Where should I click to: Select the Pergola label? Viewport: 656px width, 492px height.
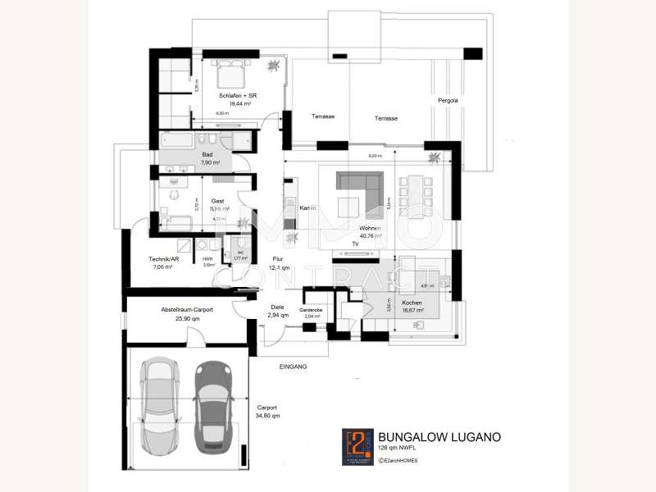coord(447,100)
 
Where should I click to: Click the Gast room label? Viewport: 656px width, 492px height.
coord(217,201)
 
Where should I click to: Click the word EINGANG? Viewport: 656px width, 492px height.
coord(293,367)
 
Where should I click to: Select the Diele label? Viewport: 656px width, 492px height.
coord(276,307)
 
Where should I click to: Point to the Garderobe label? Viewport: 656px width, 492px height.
coord(312,309)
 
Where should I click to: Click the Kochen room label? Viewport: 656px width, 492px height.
coord(413,303)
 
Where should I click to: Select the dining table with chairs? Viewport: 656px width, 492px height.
coord(413,194)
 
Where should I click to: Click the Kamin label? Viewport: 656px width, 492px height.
coord(307,207)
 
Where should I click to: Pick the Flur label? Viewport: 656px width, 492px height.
coord(278,258)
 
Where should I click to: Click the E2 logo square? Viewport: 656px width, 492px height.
coord(356,446)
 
